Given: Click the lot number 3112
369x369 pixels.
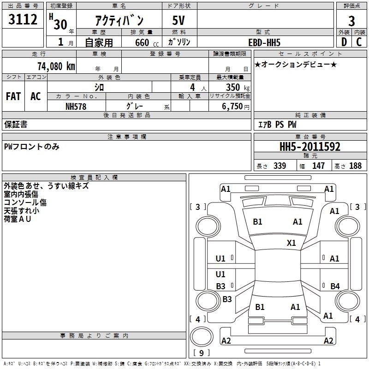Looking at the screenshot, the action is point(23,19).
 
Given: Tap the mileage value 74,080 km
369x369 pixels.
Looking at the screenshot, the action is point(56,66).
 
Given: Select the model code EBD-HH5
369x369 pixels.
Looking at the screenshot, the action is point(264,42).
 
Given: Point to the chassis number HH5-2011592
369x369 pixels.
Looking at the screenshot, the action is point(310,147).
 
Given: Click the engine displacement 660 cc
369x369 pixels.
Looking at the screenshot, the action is point(147,42).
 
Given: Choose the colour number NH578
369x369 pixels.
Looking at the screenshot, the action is point(76,107).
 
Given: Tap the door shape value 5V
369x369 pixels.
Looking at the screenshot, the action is point(179,20).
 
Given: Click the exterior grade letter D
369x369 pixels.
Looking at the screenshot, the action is point(344,42).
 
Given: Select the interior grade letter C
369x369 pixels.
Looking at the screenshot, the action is point(359,42).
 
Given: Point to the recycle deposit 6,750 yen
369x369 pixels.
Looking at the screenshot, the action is point(235,107).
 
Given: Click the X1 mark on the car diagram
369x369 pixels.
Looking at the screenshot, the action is point(291,243).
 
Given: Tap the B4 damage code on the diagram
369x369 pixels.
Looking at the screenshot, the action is point(335,286).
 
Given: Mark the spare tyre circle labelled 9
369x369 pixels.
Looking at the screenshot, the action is point(202,337).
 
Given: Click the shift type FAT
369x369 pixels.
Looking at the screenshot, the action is point(13,96).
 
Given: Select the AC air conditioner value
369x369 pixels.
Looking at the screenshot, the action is point(36,96).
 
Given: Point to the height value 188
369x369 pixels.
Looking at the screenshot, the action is point(355,166).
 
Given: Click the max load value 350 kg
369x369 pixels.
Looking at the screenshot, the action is point(238,87).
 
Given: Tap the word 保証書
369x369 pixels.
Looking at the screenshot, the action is point(16,125).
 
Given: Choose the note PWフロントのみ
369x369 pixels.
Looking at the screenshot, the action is point(31,147).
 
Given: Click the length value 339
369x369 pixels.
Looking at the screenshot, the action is point(280,166).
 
